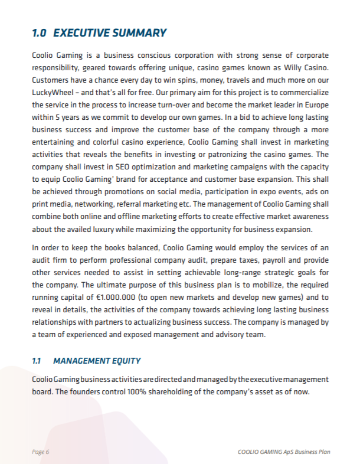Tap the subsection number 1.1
pos(37,360)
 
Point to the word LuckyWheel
pos(51,93)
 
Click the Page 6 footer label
pos(41,452)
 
